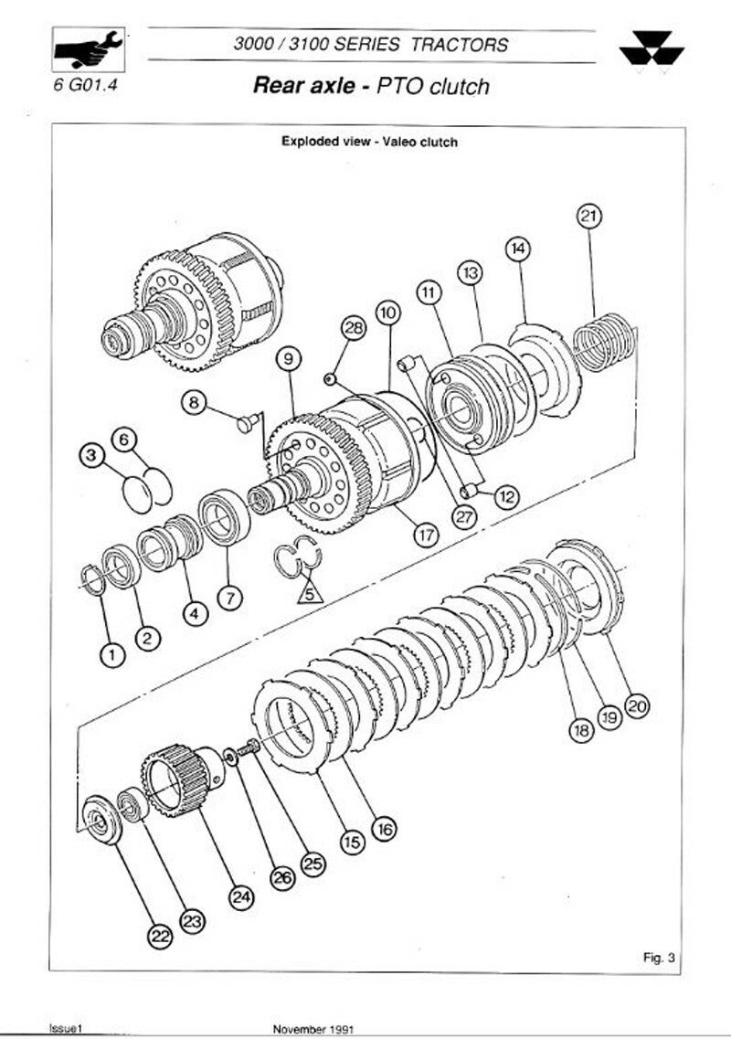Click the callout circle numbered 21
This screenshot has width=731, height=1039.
tap(589, 217)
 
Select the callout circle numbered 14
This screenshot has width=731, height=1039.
tap(518, 248)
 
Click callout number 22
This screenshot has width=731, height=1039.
tap(161, 935)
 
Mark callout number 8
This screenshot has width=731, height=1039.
tap(194, 401)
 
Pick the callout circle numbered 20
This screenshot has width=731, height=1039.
tap(637, 705)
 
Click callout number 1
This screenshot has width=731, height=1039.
tap(111, 653)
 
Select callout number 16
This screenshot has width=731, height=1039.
tap(385, 829)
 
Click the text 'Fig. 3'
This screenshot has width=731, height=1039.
tap(659, 958)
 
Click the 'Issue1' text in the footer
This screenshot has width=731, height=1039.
tap(67, 1028)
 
